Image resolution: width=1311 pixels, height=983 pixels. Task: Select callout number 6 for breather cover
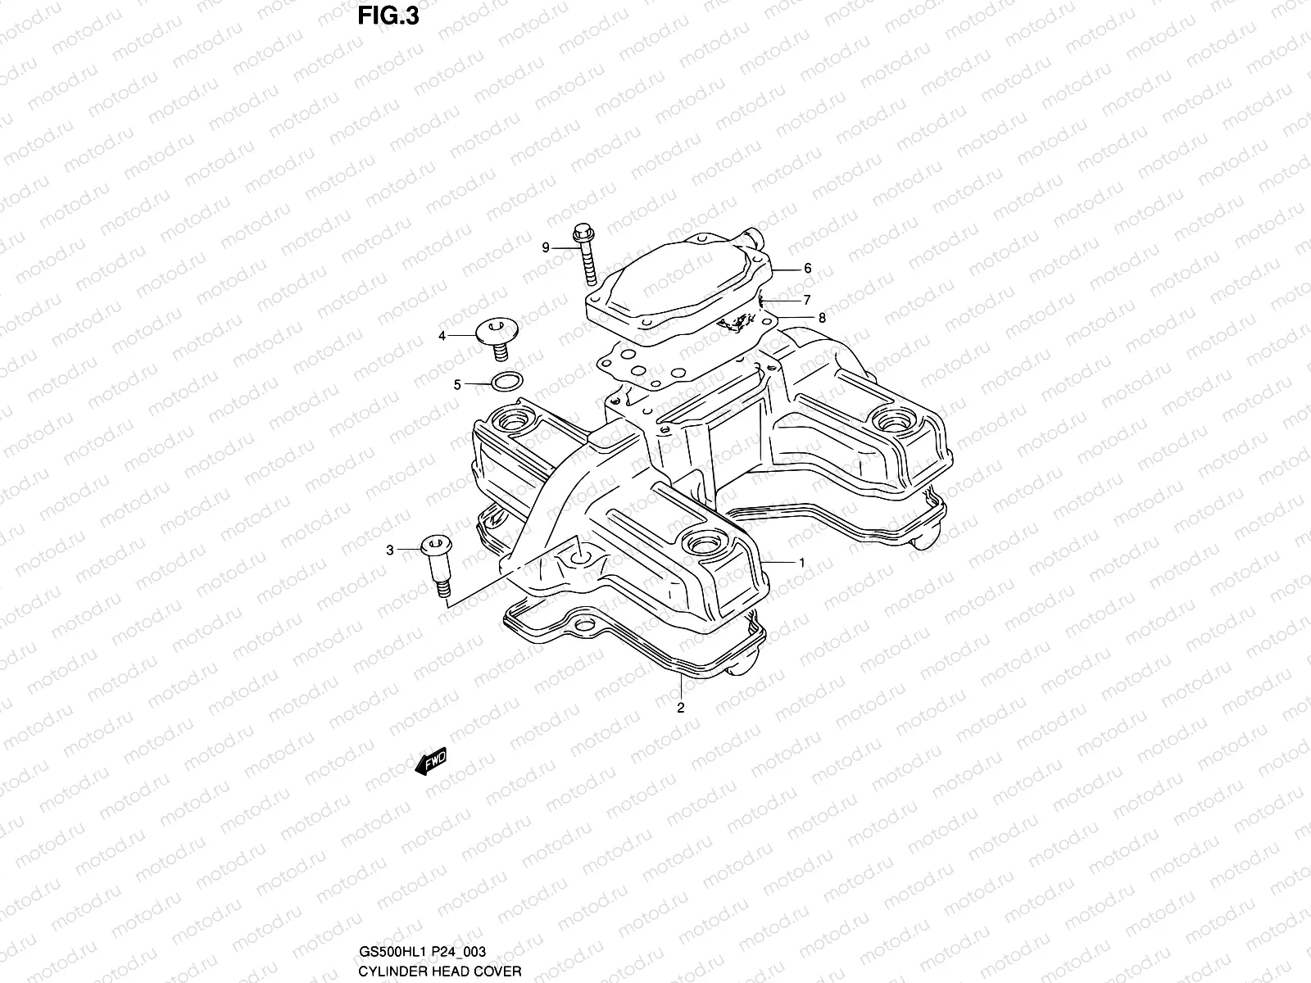click(x=807, y=269)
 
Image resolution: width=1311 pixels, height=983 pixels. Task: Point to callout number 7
click(x=807, y=300)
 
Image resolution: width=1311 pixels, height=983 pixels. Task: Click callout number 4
click(x=442, y=336)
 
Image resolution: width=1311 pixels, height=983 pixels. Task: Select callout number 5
click(x=458, y=383)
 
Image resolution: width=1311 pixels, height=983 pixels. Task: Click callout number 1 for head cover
click(x=801, y=562)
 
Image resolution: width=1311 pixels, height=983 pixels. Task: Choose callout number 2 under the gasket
click(x=680, y=709)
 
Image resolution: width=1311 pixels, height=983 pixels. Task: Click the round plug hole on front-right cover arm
click(x=703, y=544)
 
